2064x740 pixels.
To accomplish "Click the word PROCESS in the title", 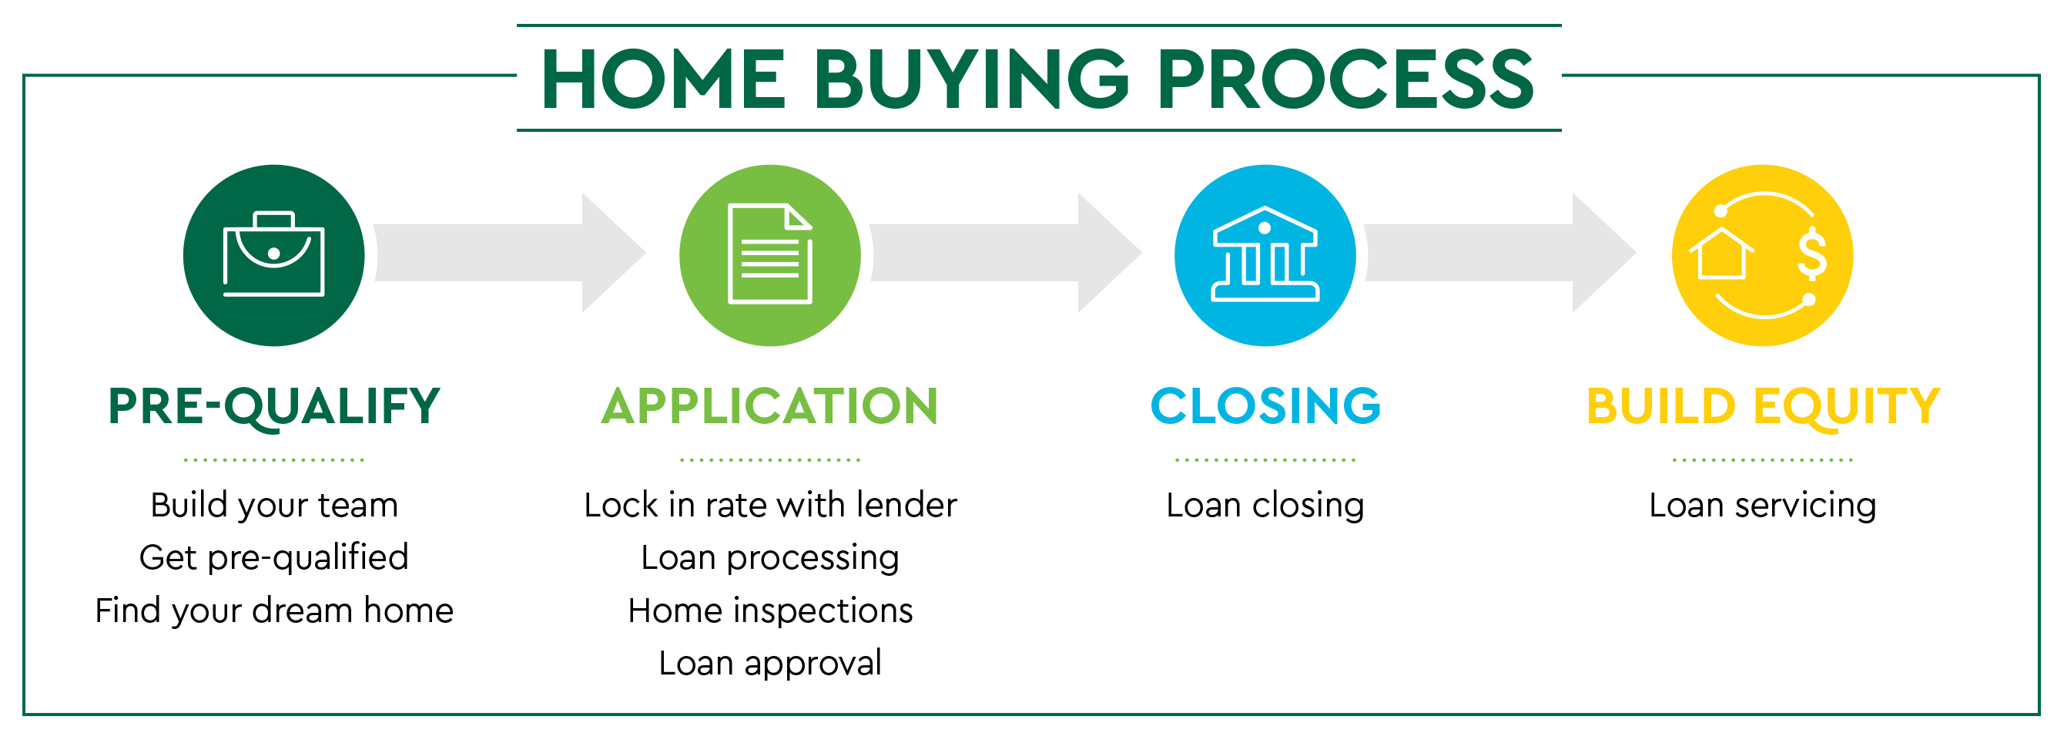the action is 1345,79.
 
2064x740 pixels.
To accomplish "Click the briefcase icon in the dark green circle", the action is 273,254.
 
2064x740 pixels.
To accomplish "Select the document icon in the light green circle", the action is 770,254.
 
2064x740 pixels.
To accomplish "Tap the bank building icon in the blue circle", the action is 1265,254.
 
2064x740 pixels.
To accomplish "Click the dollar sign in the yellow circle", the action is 1811,254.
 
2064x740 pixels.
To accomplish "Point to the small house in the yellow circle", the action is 1721,254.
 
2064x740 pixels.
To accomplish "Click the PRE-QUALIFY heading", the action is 274,406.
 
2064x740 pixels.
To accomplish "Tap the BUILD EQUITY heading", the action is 1763,406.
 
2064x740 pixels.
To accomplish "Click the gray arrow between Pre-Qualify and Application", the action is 510,253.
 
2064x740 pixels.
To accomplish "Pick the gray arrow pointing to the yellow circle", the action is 1500,253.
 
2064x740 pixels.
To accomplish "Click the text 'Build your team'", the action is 274,506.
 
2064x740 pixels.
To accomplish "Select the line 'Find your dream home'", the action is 274,612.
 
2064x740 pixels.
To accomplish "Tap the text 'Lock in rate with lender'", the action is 770,505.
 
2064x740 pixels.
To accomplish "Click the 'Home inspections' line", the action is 770,611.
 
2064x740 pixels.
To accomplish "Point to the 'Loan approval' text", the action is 770,664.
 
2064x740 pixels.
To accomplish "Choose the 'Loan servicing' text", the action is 1763,506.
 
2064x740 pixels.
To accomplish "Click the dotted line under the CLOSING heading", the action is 1265,460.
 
